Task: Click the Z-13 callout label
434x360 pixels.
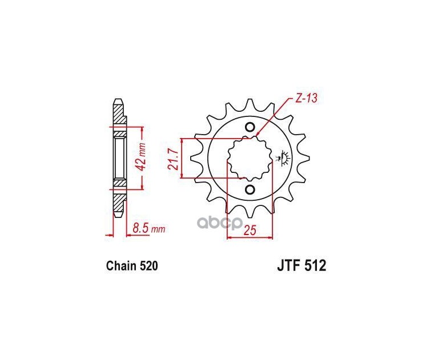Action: [306, 98]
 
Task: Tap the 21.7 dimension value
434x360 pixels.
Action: [172, 159]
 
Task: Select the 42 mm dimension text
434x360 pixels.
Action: [143, 157]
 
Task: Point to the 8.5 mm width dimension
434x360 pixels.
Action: [149, 229]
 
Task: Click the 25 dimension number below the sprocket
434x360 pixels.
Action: [250, 230]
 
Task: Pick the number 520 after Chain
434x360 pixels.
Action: [149, 266]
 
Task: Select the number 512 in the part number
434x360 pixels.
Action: [315, 266]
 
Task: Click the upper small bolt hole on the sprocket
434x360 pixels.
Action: [250, 127]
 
